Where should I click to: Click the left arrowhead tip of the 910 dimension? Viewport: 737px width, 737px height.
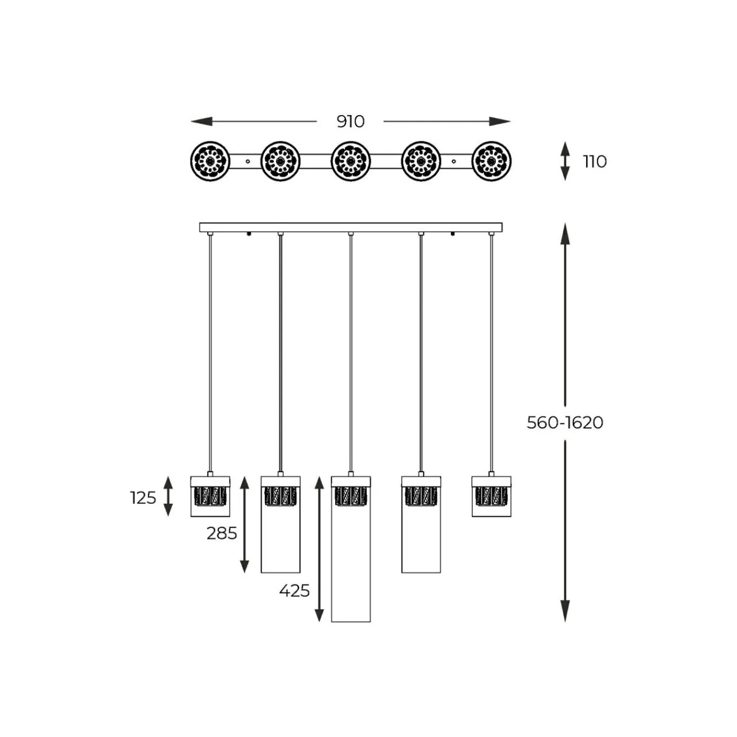pyautogui.click(x=191, y=121)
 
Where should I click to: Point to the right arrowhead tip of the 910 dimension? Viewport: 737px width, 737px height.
pyautogui.click(x=511, y=121)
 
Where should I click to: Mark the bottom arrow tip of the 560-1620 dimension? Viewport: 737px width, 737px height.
pyautogui.click(x=565, y=621)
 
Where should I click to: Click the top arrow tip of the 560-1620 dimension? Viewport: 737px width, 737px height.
pyautogui.click(x=565, y=223)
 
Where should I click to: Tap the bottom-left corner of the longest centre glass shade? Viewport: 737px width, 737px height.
pyautogui.click(x=332, y=621)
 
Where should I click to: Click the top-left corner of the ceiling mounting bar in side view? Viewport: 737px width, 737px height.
pyautogui.click(x=200, y=223)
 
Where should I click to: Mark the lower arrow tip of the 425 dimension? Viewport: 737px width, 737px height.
pyautogui.click(x=319, y=621)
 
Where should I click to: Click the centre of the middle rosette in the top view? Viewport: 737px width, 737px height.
pyautogui.click(x=351, y=161)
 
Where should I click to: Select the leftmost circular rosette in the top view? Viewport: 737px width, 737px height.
pyautogui.click(x=210, y=161)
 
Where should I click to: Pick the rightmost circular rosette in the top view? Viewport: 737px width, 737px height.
pyautogui.click(x=492, y=161)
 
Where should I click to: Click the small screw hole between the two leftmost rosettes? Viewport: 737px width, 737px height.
pyautogui.click(x=248, y=161)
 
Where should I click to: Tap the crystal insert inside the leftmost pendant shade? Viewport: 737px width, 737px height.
pyautogui.click(x=210, y=496)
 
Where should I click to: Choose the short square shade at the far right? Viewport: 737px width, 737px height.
pyautogui.click(x=492, y=496)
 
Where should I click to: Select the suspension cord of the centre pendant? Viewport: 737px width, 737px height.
pyautogui.click(x=351, y=354)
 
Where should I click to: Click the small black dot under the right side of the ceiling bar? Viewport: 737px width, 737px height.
pyautogui.click(x=453, y=234)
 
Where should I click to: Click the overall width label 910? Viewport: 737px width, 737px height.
pyautogui.click(x=351, y=121)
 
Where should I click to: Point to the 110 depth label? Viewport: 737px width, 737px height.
pyautogui.click(x=595, y=162)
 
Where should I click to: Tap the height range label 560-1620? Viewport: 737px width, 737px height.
pyautogui.click(x=565, y=423)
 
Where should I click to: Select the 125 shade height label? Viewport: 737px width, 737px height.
pyautogui.click(x=143, y=498)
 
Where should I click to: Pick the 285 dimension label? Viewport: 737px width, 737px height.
pyautogui.click(x=222, y=533)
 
